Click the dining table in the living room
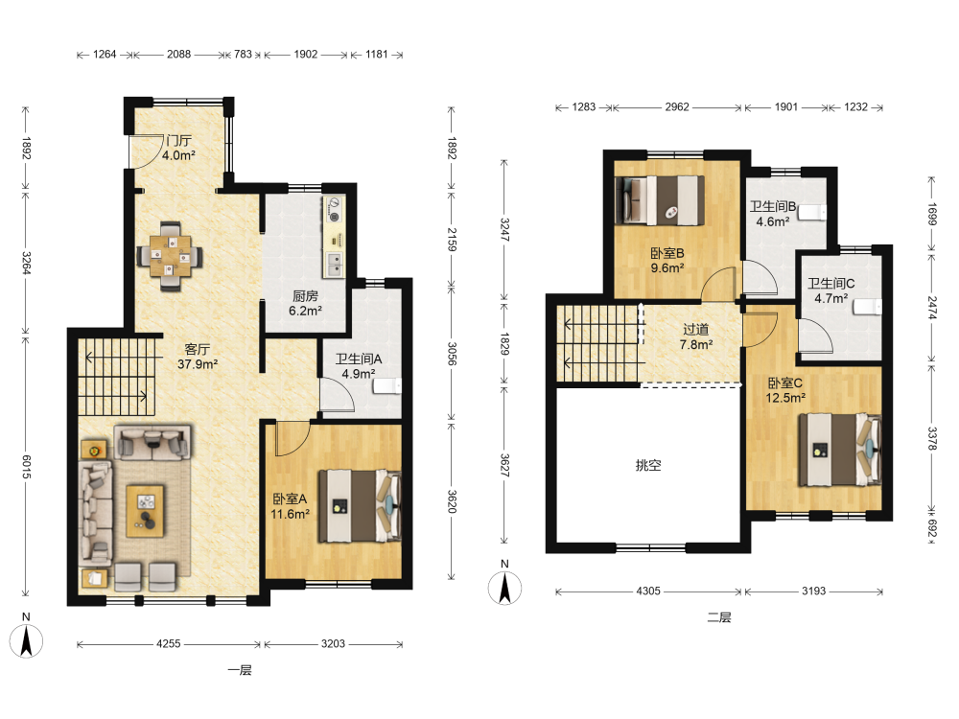(170, 256)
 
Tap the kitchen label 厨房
(305, 296)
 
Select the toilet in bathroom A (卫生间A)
(387, 386)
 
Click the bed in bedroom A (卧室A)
(360, 505)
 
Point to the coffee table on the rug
(146, 511)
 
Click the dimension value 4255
(168, 644)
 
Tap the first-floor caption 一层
(239, 670)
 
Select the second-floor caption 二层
(718, 617)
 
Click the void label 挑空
(648, 465)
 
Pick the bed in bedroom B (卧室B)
(660, 200)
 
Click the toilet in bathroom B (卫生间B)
(813, 212)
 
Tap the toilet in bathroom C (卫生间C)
(868, 307)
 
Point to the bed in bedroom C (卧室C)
(840, 450)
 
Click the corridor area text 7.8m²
(696, 345)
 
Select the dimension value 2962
(677, 107)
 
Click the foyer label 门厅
(178, 141)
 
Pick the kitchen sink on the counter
(334, 264)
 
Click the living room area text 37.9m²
(198, 364)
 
